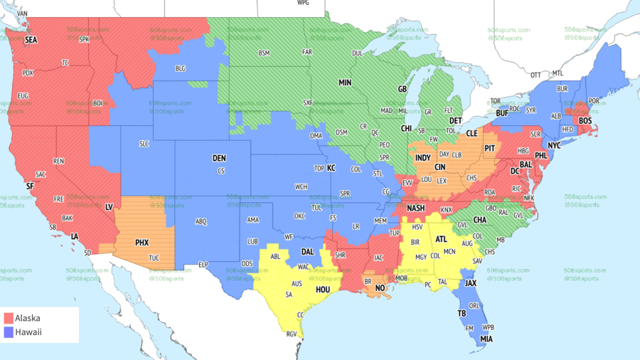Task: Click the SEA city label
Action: pos(31,41)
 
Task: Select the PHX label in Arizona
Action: pos(142,243)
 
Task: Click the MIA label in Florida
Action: pos(486,339)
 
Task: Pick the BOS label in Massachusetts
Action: pos(585,121)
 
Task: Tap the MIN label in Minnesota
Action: pos(345,83)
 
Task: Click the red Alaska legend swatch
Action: pos(9,318)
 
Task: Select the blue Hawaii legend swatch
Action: pos(9,332)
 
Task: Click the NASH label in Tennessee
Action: pos(416,208)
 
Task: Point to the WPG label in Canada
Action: pos(303,3)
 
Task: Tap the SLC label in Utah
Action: pos(144,144)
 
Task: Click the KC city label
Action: pos(331,168)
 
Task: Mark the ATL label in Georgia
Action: pos(442,239)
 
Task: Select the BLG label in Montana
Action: pos(180,68)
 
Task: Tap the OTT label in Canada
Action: pos(535,74)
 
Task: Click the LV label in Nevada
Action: pos(110,206)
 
